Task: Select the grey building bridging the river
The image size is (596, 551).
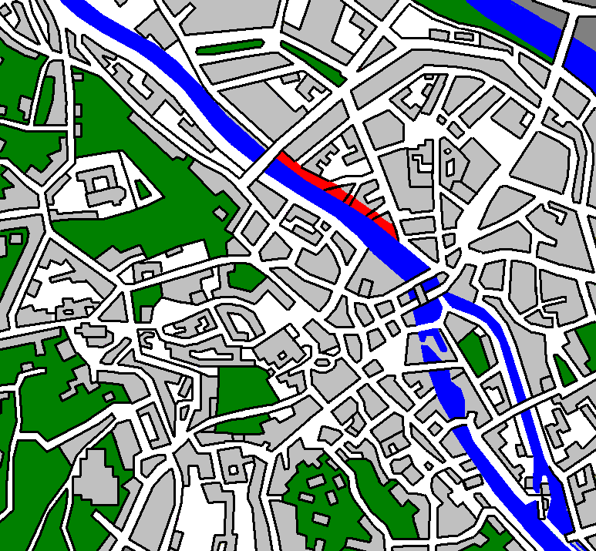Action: [422, 291]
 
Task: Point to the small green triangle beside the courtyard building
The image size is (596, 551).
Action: [143, 188]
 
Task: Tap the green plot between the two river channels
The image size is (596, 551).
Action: [474, 351]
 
